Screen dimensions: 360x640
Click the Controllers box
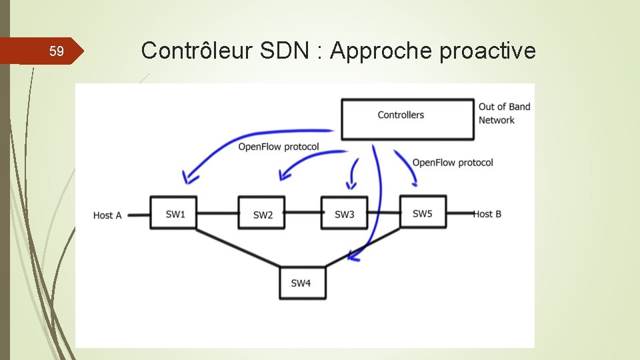(x=407, y=119)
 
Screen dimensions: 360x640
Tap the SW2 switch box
(x=262, y=213)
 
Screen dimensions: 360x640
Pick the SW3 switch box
(x=344, y=213)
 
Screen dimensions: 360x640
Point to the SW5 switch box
(x=423, y=213)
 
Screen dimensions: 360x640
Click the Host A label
(x=107, y=215)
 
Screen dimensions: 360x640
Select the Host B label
(x=487, y=214)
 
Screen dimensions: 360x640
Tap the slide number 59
(x=57, y=51)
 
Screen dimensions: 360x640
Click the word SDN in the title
(x=282, y=51)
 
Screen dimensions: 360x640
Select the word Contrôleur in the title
(x=191, y=51)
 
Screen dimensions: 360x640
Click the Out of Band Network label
(x=504, y=113)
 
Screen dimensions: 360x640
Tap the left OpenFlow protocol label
(x=279, y=147)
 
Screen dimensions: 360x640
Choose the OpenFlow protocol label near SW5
(x=453, y=163)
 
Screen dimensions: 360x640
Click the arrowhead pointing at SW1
(x=189, y=178)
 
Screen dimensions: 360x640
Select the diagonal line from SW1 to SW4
(x=237, y=247)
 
